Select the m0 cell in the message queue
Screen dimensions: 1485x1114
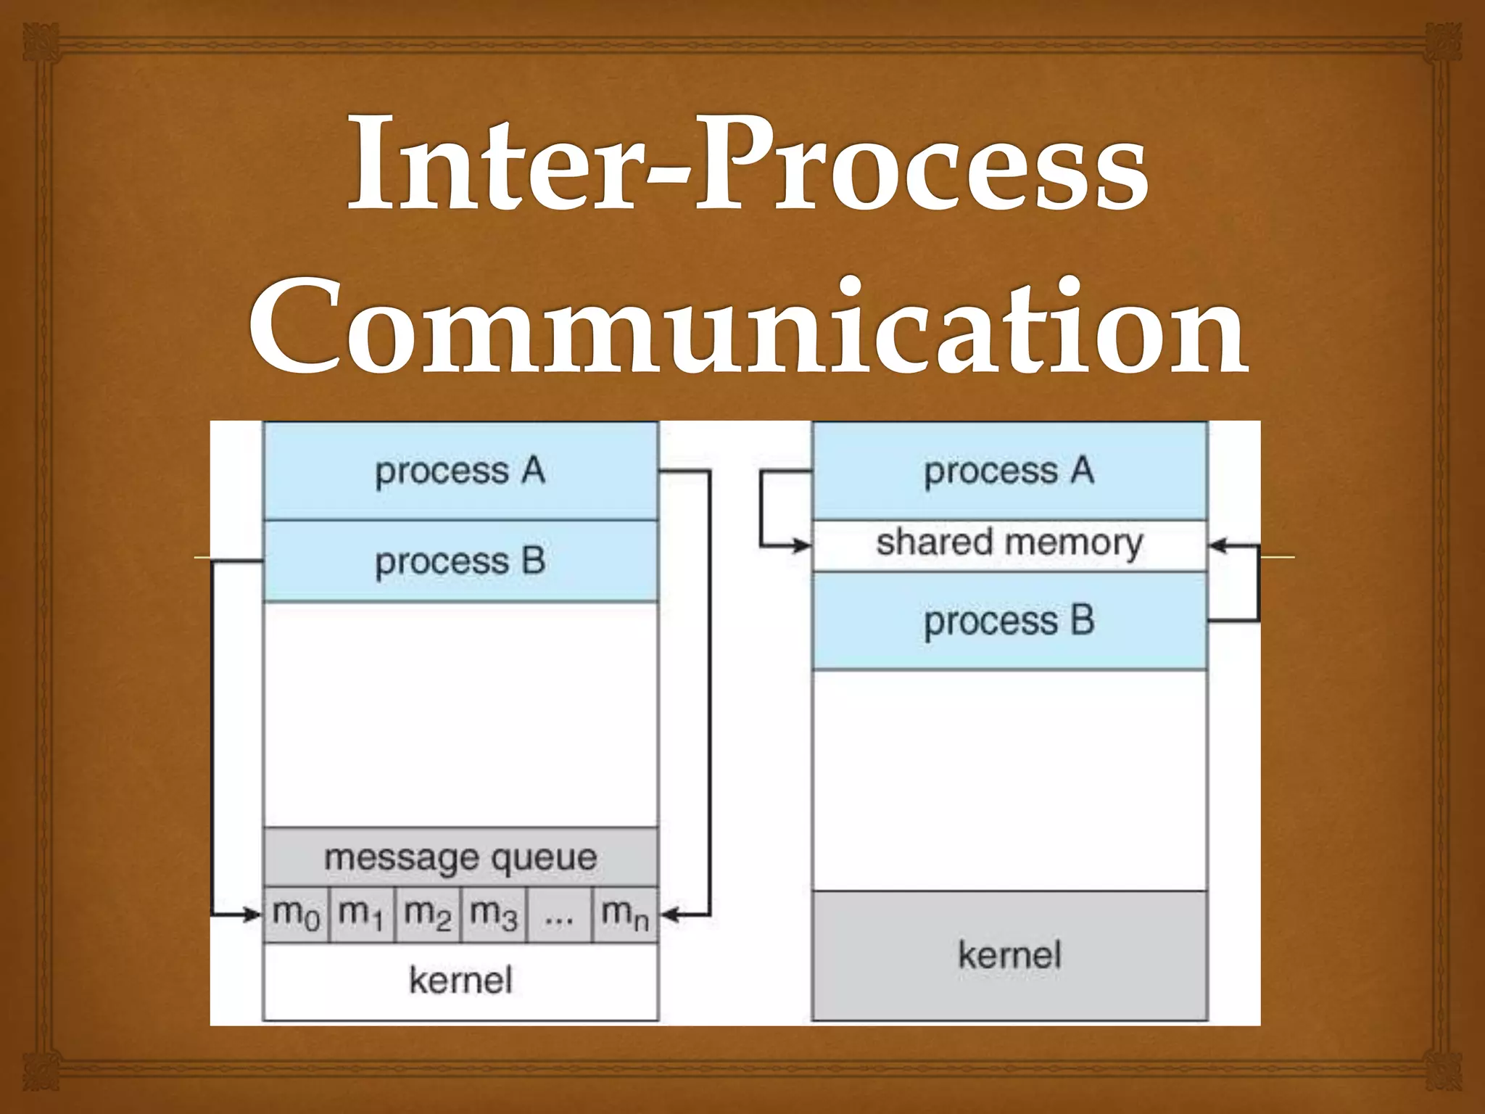click(x=296, y=915)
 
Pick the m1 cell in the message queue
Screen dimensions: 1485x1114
click(x=361, y=915)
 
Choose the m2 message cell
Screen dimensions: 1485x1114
click(x=427, y=915)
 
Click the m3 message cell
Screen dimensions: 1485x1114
click(x=493, y=915)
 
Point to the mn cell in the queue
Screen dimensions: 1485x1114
click(x=624, y=915)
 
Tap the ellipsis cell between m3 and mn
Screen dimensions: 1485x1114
click(x=559, y=915)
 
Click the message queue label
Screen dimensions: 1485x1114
click(x=460, y=858)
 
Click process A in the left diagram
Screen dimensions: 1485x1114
click(x=460, y=471)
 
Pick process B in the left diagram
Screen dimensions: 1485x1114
click(x=460, y=561)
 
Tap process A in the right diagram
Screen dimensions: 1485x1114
click(x=1009, y=471)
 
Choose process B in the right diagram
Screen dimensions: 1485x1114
click(x=1009, y=621)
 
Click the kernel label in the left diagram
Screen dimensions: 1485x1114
click(x=460, y=981)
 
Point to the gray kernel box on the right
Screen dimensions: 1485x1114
click(x=1009, y=955)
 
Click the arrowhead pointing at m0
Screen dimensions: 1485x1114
click(x=252, y=915)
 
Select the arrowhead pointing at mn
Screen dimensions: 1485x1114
click(x=669, y=915)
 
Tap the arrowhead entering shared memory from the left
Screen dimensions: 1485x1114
click(x=802, y=545)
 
